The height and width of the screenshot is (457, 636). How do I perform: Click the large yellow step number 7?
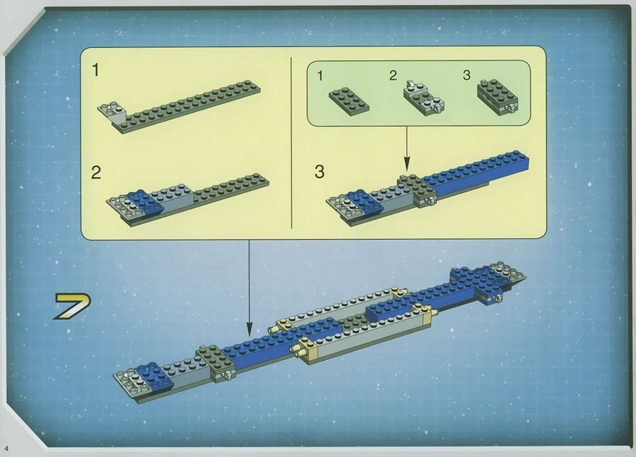click(x=72, y=306)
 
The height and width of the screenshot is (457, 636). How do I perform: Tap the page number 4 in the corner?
click(x=6, y=448)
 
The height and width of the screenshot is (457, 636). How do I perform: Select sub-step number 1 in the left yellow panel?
click(x=96, y=70)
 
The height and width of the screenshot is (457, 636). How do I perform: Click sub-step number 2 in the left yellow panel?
click(x=96, y=173)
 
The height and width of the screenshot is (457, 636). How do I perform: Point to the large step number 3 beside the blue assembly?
click(x=320, y=172)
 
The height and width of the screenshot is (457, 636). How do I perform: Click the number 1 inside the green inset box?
click(x=320, y=76)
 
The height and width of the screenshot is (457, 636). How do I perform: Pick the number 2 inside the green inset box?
click(x=393, y=75)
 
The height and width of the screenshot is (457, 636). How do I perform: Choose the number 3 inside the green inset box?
click(x=467, y=75)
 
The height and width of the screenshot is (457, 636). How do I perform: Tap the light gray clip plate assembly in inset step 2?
click(x=423, y=98)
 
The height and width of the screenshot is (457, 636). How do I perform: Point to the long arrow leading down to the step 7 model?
click(x=249, y=288)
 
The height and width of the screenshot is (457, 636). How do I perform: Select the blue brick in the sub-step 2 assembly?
click(x=145, y=202)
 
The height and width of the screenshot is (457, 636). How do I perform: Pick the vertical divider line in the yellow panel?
click(x=292, y=143)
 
